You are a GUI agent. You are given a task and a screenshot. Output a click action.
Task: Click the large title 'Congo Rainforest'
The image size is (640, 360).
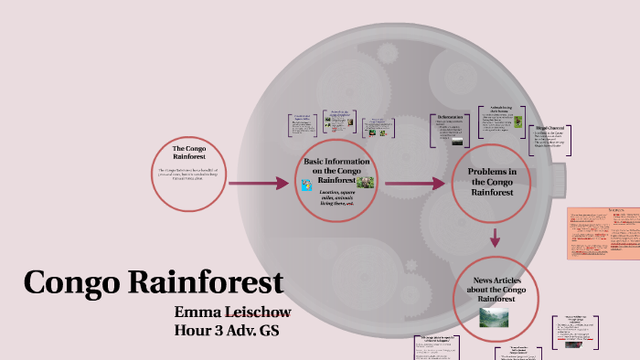click(153, 281)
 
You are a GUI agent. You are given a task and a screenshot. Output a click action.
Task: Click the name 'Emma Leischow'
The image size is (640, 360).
click(233, 312)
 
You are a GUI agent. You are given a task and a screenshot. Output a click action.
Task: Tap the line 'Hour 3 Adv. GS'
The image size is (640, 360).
click(225, 329)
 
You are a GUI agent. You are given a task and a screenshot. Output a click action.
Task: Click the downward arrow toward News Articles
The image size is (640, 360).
click(495, 238)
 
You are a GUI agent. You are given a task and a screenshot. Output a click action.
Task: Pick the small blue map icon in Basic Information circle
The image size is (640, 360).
click(307, 185)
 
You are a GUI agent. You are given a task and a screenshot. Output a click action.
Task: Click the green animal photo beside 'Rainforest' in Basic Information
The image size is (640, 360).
click(365, 182)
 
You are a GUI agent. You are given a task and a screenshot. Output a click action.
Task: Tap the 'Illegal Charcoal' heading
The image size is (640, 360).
click(549, 127)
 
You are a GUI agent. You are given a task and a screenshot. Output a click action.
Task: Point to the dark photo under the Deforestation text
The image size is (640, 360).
click(456, 141)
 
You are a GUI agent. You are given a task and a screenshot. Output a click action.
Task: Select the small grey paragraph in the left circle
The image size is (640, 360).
click(195, 174)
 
